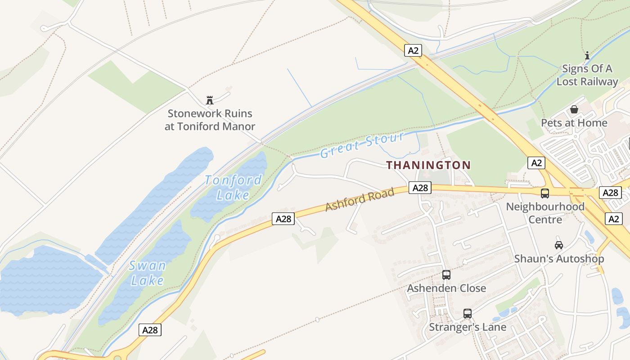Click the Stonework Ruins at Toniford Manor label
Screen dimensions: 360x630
click(210, 120)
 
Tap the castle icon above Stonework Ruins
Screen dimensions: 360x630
click(209, 100)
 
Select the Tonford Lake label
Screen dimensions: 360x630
click(233, 187)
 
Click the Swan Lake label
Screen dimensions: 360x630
click(147, 273)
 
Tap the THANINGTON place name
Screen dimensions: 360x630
click(428, 165)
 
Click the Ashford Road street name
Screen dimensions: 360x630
click(360, 199)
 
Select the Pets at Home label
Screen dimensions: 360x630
click(574, 123)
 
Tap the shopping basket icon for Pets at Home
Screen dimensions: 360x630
click(574, 109)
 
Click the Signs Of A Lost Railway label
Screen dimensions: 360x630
click(587, 75)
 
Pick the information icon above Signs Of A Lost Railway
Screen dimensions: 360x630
click(587, 56)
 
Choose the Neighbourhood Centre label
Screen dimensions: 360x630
click(545, 213)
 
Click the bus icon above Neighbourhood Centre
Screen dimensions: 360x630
click(545, 193)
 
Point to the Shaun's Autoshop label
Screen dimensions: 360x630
click(559, 259)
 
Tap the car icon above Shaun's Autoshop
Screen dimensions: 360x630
click(559, 245)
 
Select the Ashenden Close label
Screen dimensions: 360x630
click(446, 288)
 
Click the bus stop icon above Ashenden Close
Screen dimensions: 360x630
click(446, 274)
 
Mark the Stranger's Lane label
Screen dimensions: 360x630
click(468, 327)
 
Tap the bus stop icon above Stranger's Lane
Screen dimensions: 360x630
click(468, 313)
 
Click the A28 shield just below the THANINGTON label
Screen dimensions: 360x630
click(420, 188)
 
